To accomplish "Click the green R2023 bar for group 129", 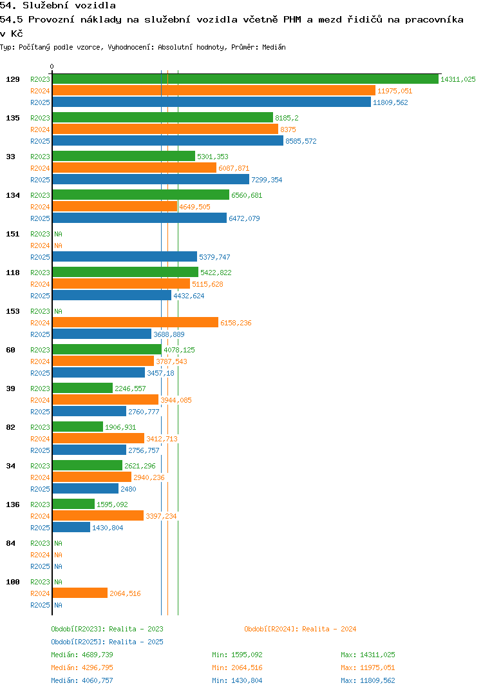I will tap(245, 79).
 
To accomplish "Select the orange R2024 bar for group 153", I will tap(135, 323).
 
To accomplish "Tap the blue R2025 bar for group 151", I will tap(124, 257).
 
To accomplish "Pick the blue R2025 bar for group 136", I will tap(71, 528).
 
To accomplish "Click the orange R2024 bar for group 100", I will tap(80, 593).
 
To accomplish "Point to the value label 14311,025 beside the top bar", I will tap(458, 79).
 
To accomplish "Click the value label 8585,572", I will tap(301, 141).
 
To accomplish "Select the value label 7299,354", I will tap(267, 180).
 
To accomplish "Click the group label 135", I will tap(13, 118).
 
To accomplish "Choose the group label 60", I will tap(11, 350).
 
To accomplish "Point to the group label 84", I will tap(11, 543).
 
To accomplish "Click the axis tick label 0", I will tap(52, 66).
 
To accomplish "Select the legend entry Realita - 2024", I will tap(300, 629).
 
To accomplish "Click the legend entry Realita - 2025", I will tap(107, 642).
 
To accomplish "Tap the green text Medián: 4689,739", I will tap(82, 655).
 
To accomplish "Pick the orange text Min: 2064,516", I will tap(237, 668).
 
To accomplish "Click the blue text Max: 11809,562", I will tap(368, 680).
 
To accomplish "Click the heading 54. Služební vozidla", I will tap(58, 6).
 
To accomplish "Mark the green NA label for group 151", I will tap(58, 234).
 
